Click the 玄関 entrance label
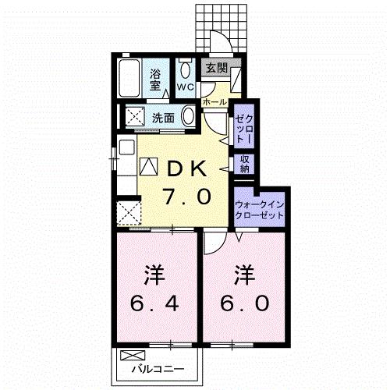tap(213, 68)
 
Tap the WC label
tap(186, 87)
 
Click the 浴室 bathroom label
tap(157, 78)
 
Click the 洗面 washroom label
tap(163, 119)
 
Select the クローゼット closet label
tap(243, 127)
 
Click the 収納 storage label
tap(244, 165)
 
